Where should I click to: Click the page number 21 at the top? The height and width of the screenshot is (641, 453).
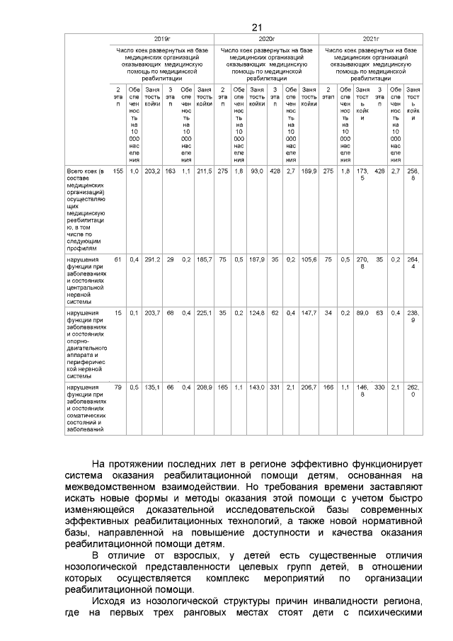coord(256,27)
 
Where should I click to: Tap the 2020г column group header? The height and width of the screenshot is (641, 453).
coord(266,39)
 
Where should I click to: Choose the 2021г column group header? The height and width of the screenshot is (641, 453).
coord(371,39)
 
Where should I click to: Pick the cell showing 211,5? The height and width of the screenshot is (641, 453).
coord(205,171)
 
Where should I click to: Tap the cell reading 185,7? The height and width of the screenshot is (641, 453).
coord(205,260)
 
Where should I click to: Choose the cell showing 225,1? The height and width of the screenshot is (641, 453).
coord(205,313)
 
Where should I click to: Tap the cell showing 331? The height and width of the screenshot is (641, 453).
coord(275,388)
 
